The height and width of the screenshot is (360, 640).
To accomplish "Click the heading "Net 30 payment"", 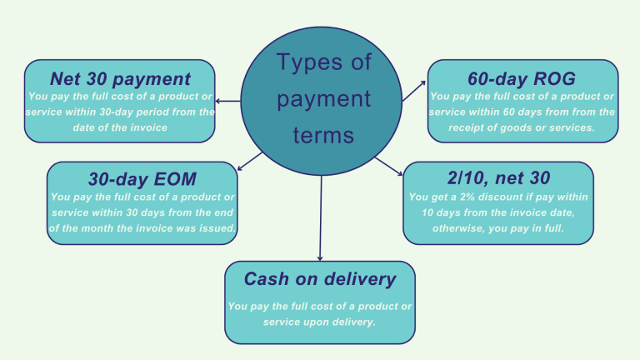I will coord(120,79).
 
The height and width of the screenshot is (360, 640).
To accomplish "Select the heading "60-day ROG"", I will coord(522,79).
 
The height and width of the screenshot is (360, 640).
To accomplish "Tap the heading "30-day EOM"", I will coord(142,179).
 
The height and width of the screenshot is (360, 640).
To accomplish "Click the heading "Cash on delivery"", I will coord(319,279).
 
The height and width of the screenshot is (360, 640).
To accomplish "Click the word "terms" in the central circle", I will coord(323,136).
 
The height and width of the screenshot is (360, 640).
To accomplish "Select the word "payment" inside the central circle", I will coord(323,99).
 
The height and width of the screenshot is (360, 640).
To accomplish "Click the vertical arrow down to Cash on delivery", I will coord(320,225).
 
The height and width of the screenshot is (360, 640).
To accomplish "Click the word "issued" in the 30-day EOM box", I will coord(215,227).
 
